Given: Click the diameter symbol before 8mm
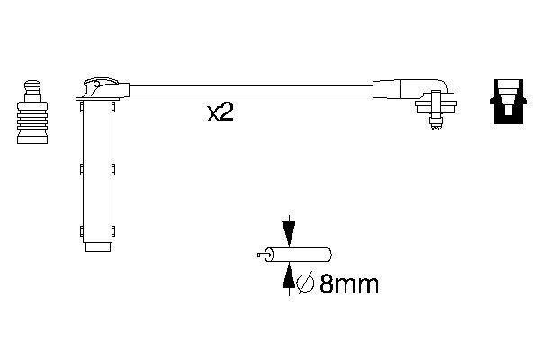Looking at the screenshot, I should pyautogui.click(x=304, y=285).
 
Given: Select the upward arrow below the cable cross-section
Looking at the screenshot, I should pyautogui.click(x=288, y=281).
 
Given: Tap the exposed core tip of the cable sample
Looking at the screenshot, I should pyautogui.click(x=260, y=256).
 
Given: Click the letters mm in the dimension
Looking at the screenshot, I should pyautogui.click(x=355, y=285).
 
